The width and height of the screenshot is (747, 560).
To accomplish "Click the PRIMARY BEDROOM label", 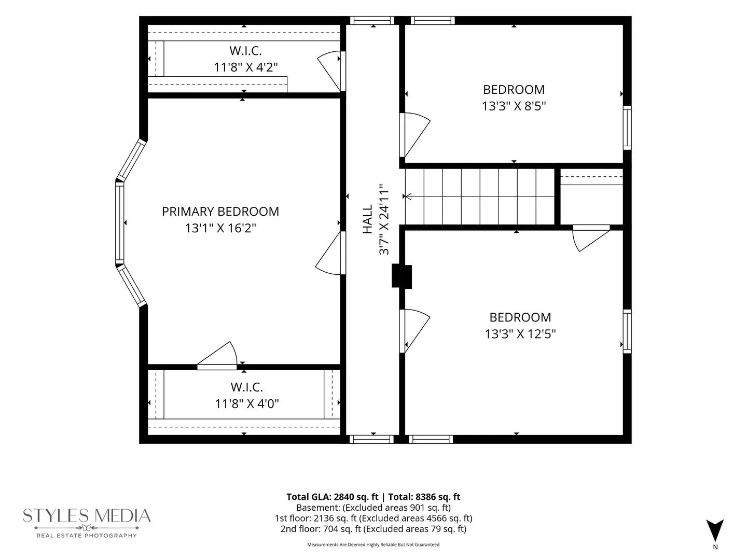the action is click(220, 212).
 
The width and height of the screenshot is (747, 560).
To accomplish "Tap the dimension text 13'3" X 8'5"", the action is click(514, 106).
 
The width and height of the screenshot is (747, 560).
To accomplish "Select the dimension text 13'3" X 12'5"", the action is click(520, 334).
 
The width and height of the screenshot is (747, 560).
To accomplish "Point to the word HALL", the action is click(368, 219).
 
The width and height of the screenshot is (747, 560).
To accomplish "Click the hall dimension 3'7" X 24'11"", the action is click(384, 219).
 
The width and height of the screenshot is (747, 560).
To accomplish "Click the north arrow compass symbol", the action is click(715, 531).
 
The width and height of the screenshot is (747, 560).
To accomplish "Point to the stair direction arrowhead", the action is click(408, 197).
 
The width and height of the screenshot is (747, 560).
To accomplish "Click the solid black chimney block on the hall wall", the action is click(402, 276).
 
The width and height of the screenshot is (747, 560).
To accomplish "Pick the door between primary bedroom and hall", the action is click(328, 253).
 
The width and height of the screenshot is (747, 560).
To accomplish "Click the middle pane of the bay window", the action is click(119, 223).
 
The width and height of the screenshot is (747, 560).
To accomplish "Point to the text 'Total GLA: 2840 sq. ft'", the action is click(332, 497).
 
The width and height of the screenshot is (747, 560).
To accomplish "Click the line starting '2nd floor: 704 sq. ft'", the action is click(374, 529).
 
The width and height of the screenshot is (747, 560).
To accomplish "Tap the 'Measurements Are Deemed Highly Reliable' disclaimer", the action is click(374, 544).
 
